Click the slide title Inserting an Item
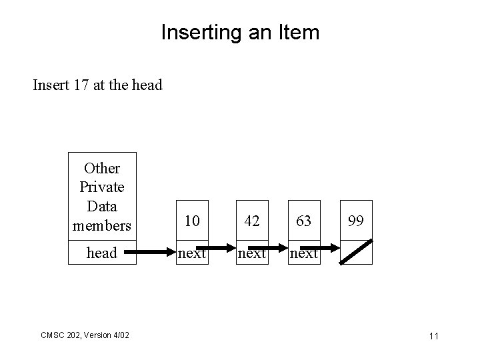pos(240,32)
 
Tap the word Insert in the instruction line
pos(50,85)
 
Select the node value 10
pos(192,221)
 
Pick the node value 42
pos(252,221)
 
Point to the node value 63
pos(303,221)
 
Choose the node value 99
pos(356,221)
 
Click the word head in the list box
pos(103,253)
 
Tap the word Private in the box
pos(103,188)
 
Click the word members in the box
pos(103,225)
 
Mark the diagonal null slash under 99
pos(356,253)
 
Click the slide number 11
pos(433,336)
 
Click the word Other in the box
pos(103,169)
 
